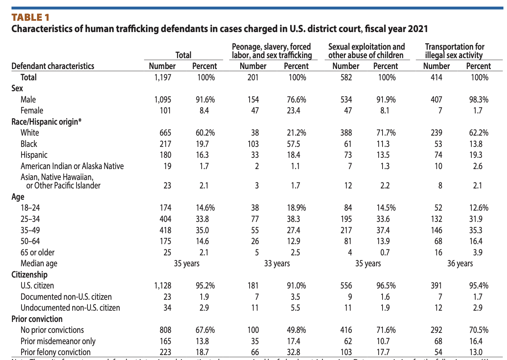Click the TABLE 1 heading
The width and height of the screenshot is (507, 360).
[30, 17]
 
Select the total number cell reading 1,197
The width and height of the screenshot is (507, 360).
[163, 77]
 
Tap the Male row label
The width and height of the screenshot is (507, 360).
[28, 100]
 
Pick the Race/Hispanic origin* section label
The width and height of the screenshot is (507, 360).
[47, 122]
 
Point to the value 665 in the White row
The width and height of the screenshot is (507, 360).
[165, 133]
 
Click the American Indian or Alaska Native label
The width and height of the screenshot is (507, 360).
[72, 166]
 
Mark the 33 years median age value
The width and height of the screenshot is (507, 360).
[277, 263]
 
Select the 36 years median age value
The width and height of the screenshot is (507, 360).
[460, 263]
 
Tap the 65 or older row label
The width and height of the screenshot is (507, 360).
[38, 253]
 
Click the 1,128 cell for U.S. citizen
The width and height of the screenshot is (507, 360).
[163, 286]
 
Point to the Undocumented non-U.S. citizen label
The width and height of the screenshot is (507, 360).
[71, 308]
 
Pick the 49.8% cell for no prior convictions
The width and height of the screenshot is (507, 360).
[296, 330]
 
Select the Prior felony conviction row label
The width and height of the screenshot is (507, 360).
[56, 352]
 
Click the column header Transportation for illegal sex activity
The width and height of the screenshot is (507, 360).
[454, 51]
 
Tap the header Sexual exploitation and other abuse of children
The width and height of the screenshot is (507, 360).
[366, 51]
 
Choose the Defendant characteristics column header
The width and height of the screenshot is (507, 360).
[53, 66]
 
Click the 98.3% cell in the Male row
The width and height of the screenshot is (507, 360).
[478, 100]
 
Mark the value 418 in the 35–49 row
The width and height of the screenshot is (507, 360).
[165, 230]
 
